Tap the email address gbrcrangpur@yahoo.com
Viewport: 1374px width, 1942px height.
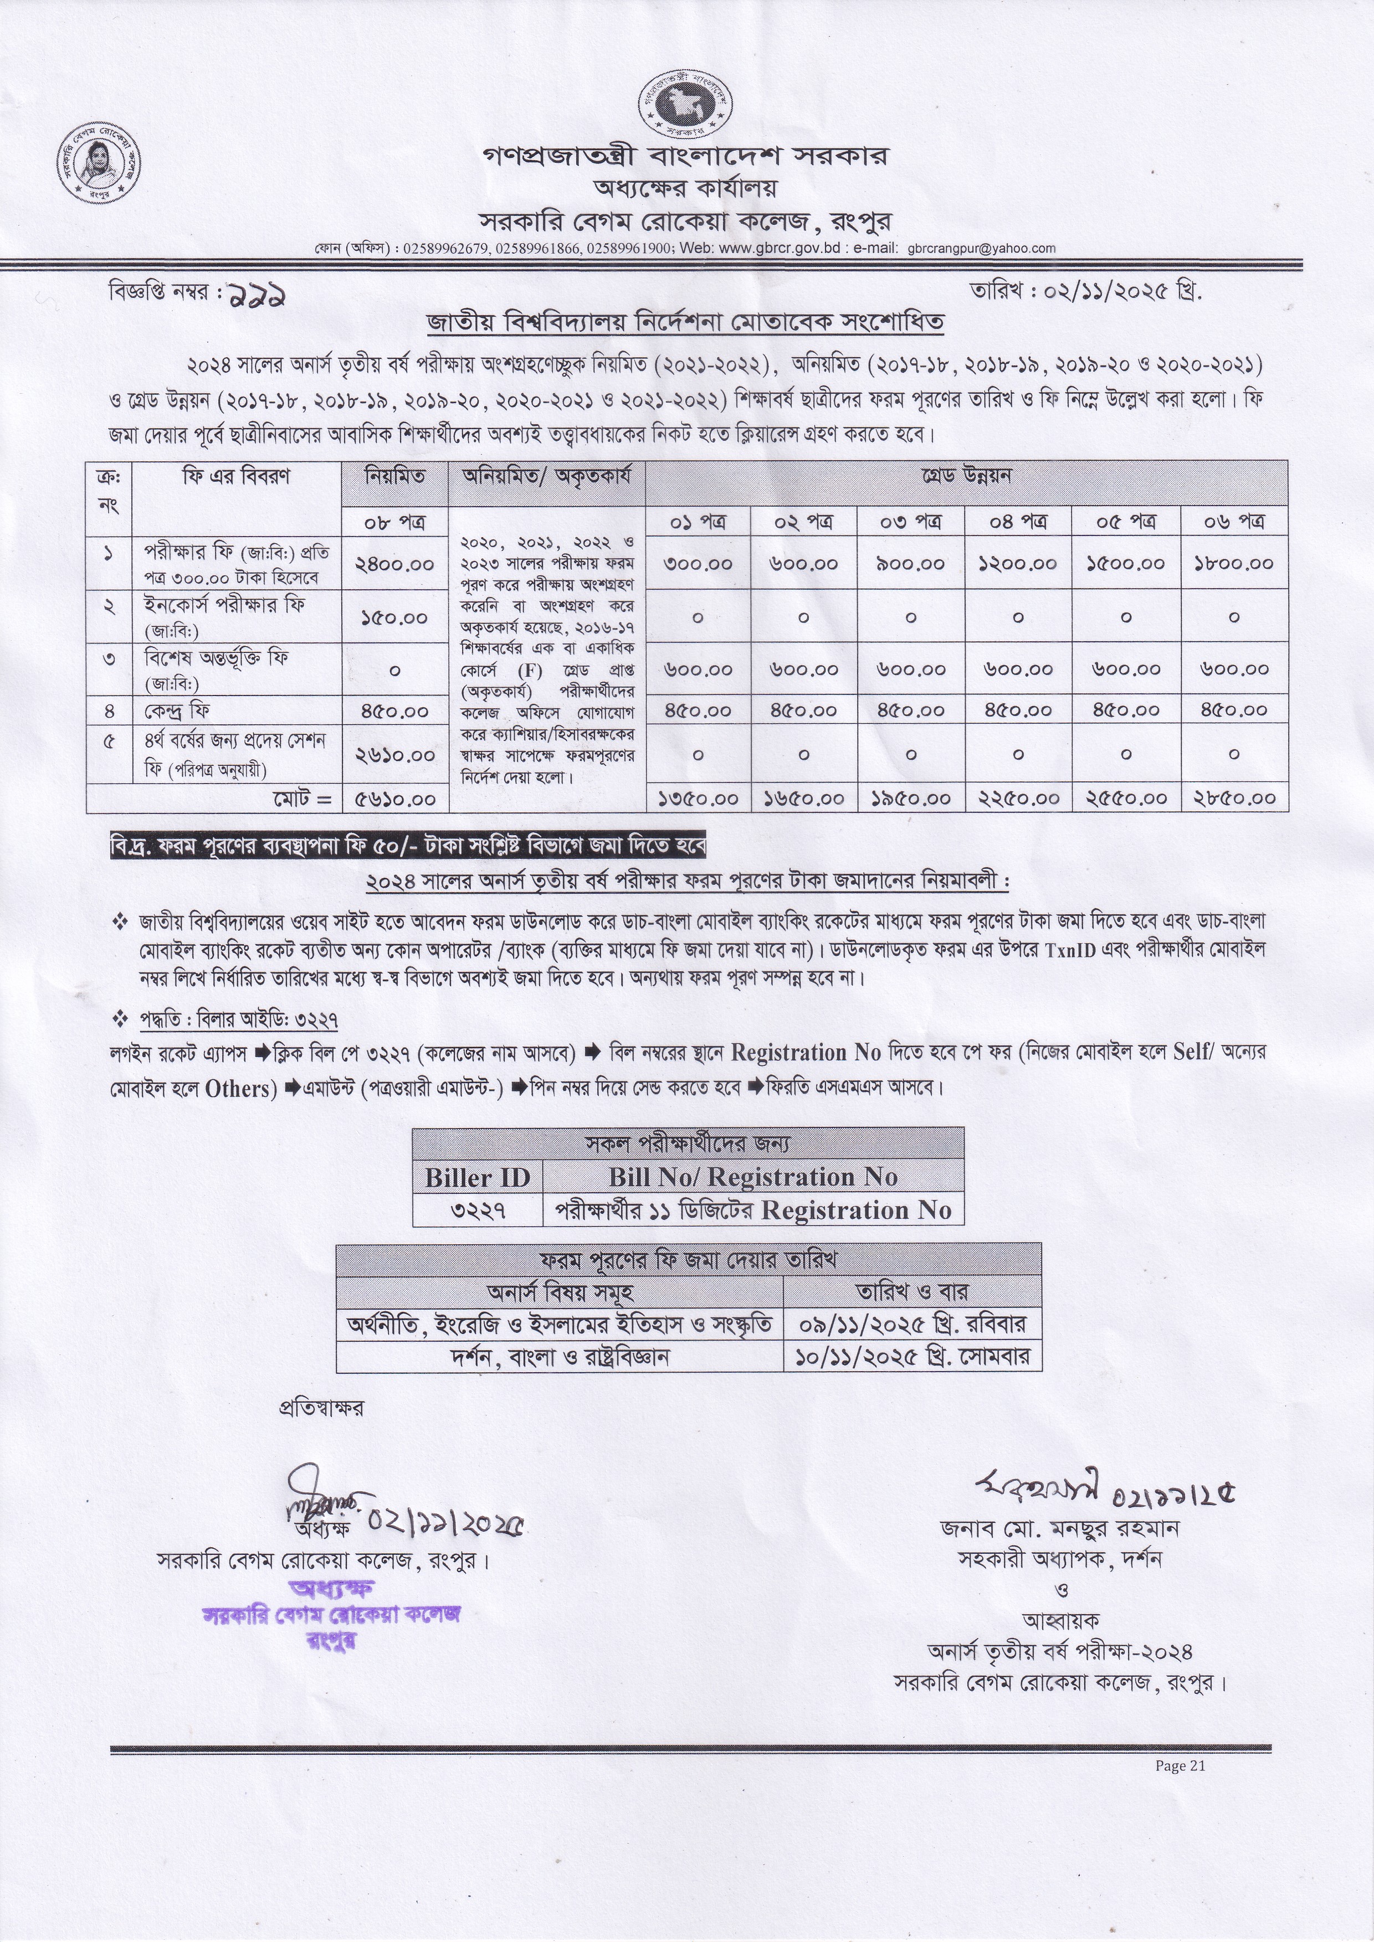click(981, 249)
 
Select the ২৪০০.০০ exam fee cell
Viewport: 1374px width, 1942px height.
click(395, 564)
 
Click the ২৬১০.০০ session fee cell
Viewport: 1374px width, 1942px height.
click(395, 754)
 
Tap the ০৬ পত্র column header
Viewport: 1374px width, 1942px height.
click(1234, 522)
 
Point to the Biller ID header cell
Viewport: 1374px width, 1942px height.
click(477, 1177)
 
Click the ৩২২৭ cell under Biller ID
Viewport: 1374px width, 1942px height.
click(477, 1210)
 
